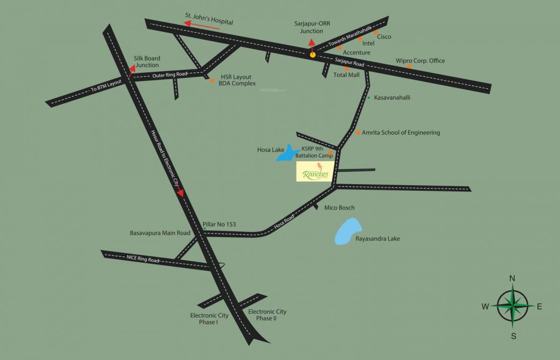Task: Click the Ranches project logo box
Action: coord(315,172)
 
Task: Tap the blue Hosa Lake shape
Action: coord(286,154)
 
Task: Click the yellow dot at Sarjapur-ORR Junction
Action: coord(312,55)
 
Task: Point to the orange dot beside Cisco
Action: coord(375,32)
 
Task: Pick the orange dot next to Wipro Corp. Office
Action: coord(409,67)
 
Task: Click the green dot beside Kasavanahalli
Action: coord(369,98)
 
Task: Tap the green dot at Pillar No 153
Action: coord(204,228)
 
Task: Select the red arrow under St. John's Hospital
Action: coord(202,25)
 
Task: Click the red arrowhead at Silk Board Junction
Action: coord(132,68)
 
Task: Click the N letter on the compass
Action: coord(512,278)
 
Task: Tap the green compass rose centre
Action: coord(513,307)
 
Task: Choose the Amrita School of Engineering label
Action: coord(401,133)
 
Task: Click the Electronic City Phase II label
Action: coord(267,315)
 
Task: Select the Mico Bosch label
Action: coord(340,208)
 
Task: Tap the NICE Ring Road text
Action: coord(143,258)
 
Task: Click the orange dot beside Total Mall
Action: coord(347,68)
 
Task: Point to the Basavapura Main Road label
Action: coord(160,233)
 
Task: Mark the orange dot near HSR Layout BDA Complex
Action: coord(212,81)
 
